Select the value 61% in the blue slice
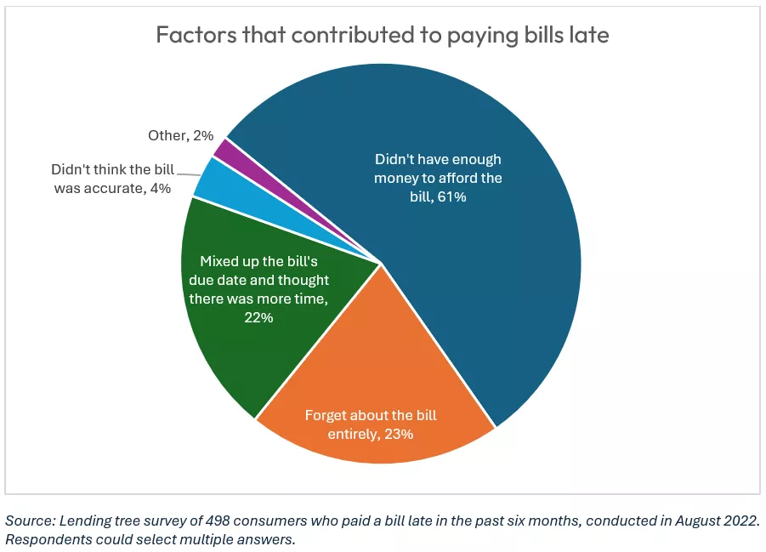[x=451, y=197]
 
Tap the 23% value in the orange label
[x=397, y=434]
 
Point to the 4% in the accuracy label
[x=159, y=188]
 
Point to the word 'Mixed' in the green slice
[x=218, y=260]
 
